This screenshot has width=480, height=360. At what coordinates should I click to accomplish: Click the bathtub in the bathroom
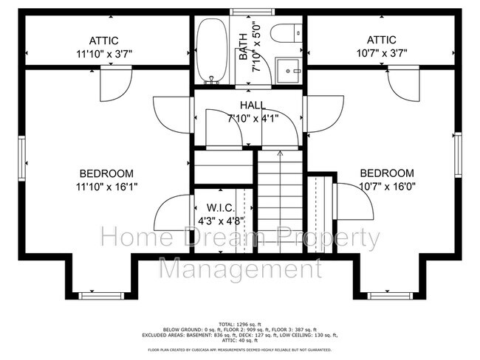point(213,51)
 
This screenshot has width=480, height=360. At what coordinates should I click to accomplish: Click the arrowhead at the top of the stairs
point(280,153)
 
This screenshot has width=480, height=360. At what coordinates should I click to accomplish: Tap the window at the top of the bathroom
point(247,12)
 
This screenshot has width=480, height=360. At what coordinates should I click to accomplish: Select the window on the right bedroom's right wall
point(459,152)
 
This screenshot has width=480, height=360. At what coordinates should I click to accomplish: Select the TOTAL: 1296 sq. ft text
point(240,324)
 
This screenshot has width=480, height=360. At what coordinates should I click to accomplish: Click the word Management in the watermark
point(240,268)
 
